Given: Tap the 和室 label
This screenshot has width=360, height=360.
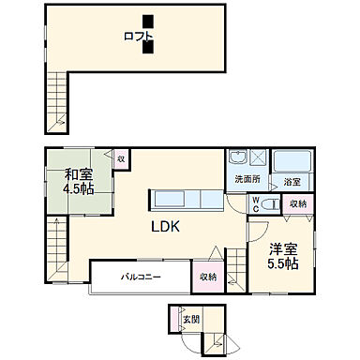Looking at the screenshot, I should [x=79, y=174].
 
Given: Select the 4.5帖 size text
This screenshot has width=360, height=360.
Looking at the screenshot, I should [x=79, y=189].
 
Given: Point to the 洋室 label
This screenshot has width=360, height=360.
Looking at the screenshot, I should [x=281, y=249].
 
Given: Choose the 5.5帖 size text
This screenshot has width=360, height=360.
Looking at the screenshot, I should [x=281, y=264].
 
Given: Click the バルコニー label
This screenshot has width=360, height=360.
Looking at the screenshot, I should [x=142, y=277].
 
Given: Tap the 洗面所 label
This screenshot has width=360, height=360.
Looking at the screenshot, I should [x=247, y=179].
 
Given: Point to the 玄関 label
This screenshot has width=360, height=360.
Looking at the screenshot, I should [x=190, y=321].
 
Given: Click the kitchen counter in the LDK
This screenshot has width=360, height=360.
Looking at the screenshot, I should [x=184, y=200].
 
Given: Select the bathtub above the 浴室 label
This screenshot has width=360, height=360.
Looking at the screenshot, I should [x=292, y=161].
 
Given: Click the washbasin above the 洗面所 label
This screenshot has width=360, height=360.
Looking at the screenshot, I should [x=238, y=158].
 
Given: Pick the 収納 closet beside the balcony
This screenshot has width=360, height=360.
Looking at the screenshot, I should [x=207, y=277].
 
